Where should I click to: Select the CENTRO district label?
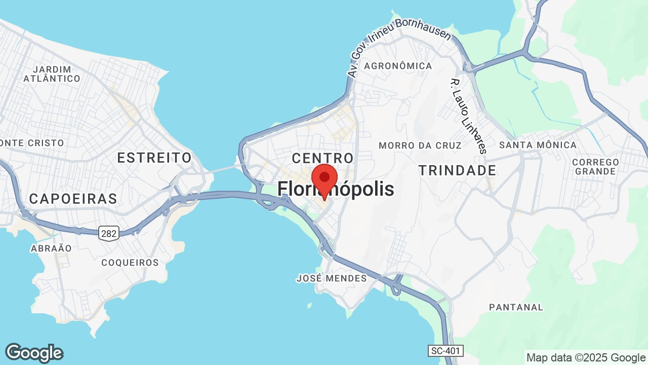(x=322, y=158)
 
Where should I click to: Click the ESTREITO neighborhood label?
(x=154, y=158)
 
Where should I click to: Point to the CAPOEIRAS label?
(x=73, y=199)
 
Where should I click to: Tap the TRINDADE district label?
(x=457, y=171)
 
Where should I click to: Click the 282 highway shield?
(x=109, y=233)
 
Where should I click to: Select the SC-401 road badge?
(x=445, y=351)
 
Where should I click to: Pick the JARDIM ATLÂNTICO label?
(x=52, y=74)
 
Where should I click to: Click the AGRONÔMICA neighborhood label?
(x=398, y=66)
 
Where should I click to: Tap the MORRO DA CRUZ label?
(x=420, y=145)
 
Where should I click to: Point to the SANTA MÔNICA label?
(x=538, y=145)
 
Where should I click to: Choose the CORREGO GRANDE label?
(x=595, y=167)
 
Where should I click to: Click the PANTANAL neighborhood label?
(x=516, y=307)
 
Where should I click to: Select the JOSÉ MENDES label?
(x=332, y=278)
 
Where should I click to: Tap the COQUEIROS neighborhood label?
(x=130, y=263)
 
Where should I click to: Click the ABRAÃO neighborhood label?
(x=51, y=248)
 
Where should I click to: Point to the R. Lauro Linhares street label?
(x=468, y=116)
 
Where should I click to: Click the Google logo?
(x=34, y=353)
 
